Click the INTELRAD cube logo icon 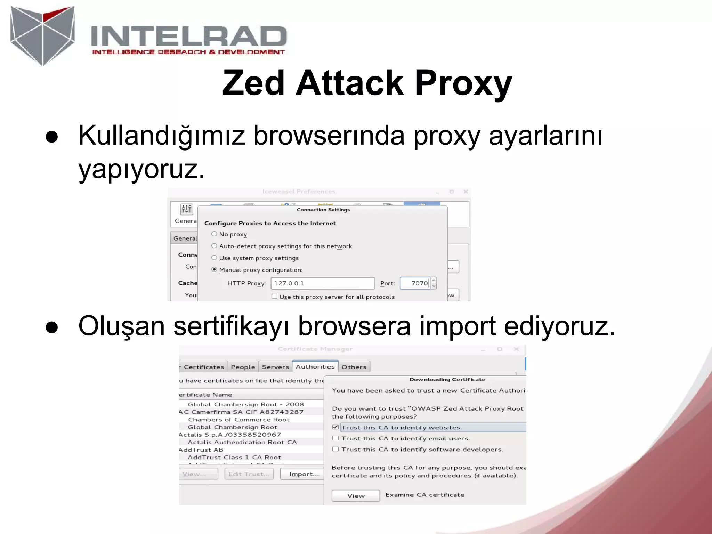[x=42, y=35]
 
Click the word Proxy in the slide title [x=463, y=83]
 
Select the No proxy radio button [x=214, y=234]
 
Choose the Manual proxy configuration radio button [x=214, y=269]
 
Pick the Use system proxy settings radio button [x=214, y=258]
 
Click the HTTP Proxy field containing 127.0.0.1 [x=322, y=283]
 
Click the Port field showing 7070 [x=415, y=283]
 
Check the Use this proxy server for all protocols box [x=274, y=297]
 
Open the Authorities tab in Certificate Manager [x=315, y=366]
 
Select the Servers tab [x=275, y=367]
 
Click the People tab [x=243, y=367]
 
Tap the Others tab [x=354, y=367]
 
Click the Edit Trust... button [x=249, y=474]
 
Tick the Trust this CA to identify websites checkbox [x=335, y=427]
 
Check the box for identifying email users [x=335, y=438]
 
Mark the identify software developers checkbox [x=335, y=449]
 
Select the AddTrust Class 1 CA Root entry [x=234, y=457]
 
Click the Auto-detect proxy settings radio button [x=214, y=246]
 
